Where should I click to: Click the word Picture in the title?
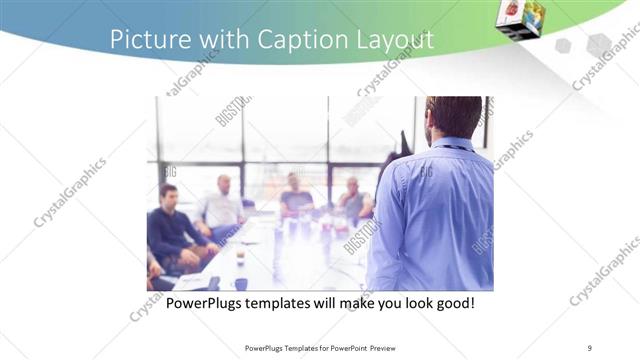144,40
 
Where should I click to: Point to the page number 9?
589,348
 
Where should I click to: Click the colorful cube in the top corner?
521,18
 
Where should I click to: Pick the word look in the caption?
408,303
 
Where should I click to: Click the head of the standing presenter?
452,118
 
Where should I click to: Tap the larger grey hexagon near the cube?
598,45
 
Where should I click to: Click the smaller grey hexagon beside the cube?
563,46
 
